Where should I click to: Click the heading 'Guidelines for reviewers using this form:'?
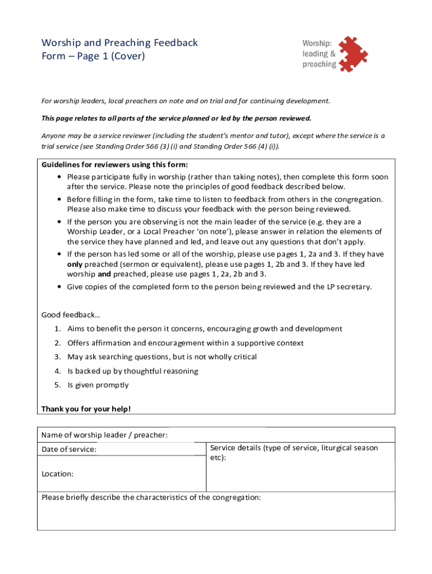pyautogui.click(x=115, y=165)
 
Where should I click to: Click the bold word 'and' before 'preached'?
pyautogui.click(x=104, y=274)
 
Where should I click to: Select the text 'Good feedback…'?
pyautogui.click(x=71, y=314)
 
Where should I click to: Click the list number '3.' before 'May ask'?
pyautogui.click(x=58, y=357)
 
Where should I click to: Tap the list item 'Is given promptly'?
pyautogui.click(x=98, y=385)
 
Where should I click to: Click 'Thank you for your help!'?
pyautogui.click(x=86, y=409)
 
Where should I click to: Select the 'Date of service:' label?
pyautogui.click(x=69, y=450)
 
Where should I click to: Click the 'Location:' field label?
pyautogui.click(x=58, y=474)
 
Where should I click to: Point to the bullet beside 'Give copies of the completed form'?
pyautogui.click(x=59, y=287)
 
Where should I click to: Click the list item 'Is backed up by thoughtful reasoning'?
pyautogui.click(x=132, y=371)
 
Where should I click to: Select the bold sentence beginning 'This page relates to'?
pyautogui.click(x=176, y=119)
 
